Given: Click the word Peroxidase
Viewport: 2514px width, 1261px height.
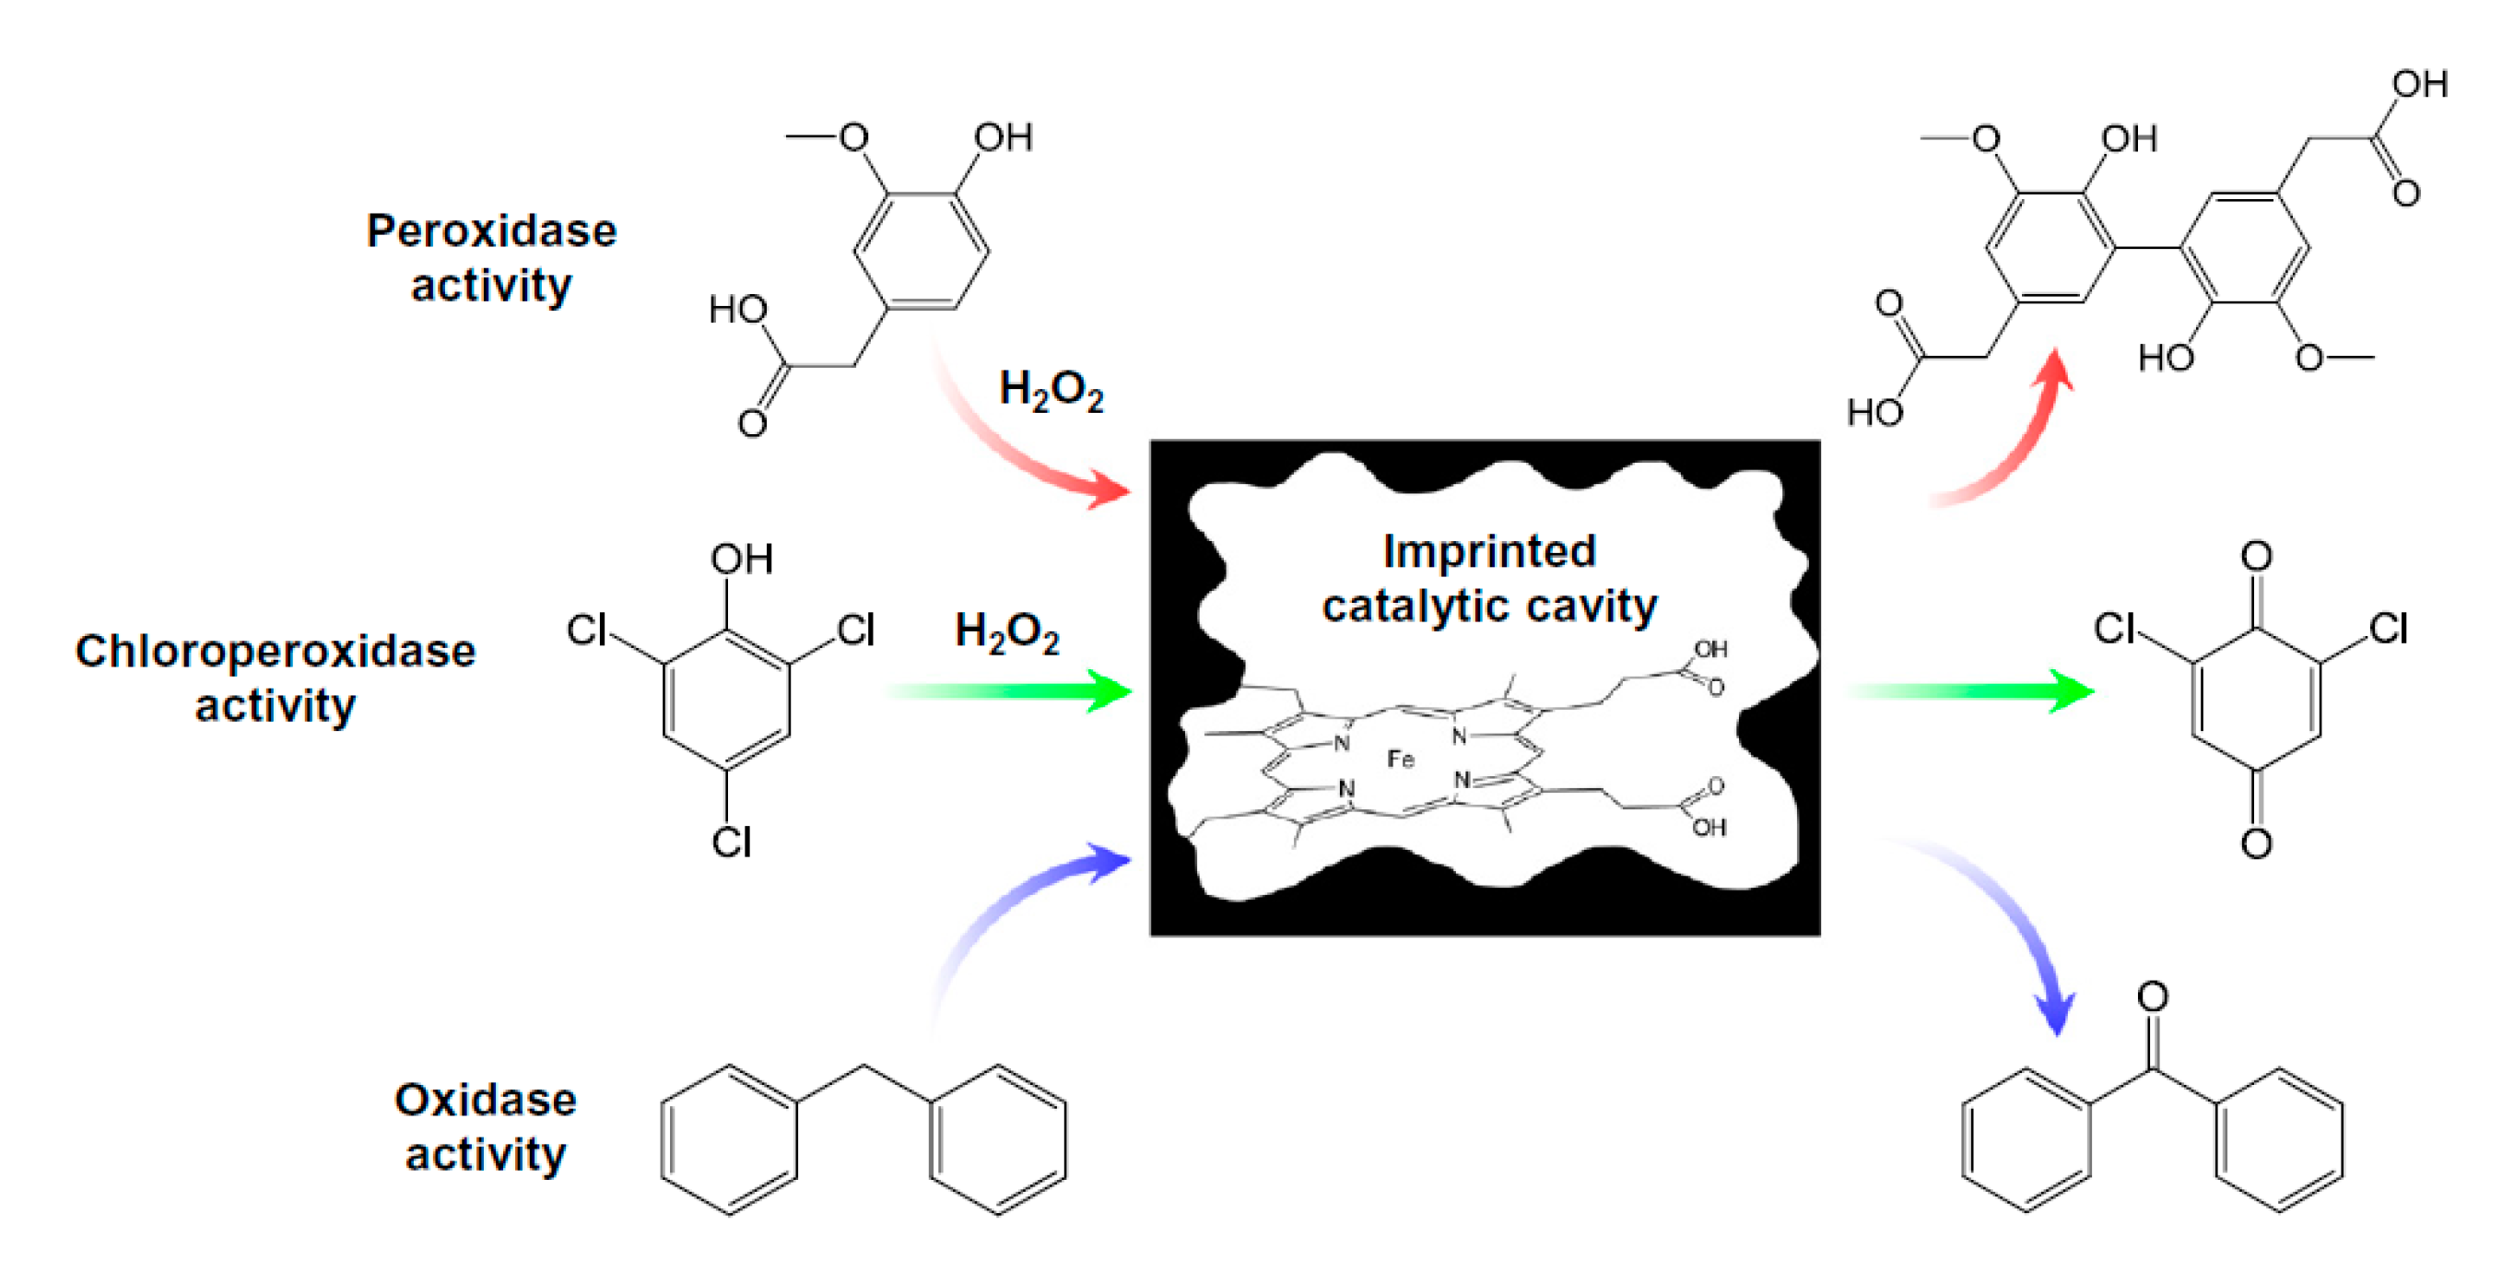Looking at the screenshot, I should click(491, 231).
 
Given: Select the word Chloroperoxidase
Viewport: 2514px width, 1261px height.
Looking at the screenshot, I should click(276, 651).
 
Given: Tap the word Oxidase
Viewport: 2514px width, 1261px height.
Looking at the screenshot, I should click(485, 1100).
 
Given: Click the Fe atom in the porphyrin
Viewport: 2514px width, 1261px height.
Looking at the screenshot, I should click(1401, 759).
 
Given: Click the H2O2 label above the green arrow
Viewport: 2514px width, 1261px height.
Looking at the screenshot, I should click(1006, 631).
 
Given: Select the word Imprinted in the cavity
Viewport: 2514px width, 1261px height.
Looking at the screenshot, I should click(1489, 551).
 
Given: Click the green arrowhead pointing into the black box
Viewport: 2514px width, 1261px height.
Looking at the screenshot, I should click(1110, 691).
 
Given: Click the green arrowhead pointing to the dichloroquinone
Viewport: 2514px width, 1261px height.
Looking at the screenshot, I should click(2071, 691).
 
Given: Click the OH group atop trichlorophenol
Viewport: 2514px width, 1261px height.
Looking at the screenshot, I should click(742, 560).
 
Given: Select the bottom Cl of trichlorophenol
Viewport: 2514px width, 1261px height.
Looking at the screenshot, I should click(731, 842).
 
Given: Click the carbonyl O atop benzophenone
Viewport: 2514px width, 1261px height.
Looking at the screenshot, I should click(2153, 996).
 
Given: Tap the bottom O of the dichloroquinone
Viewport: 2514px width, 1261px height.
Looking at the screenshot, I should click(2255, 843).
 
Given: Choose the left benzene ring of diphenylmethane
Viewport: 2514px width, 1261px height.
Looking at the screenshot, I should click(729, 1139).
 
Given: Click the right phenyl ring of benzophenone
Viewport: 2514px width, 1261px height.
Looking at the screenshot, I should click(2279, 1140).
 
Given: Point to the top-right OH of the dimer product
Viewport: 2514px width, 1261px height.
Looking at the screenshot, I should click(2419, 85).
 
